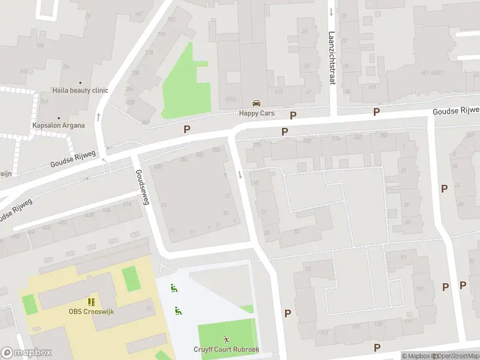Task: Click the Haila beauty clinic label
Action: pos(80,91)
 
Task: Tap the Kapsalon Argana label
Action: pos(58,125)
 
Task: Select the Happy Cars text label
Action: pos(256,112)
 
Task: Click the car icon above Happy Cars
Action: pos(256,103)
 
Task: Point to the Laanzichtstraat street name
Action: pos(331,58)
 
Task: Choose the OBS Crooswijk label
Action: pos(91,311)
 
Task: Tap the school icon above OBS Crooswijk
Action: pos(91,302)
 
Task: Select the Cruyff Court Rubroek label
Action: pos(226,350)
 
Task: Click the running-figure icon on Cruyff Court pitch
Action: pos(226,339)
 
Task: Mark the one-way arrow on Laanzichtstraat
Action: pos(331,11)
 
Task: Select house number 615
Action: pos(278,91)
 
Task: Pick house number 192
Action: pos(171,19)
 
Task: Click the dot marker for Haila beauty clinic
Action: pos(80,83)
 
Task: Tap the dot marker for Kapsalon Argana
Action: pos(58,118)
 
